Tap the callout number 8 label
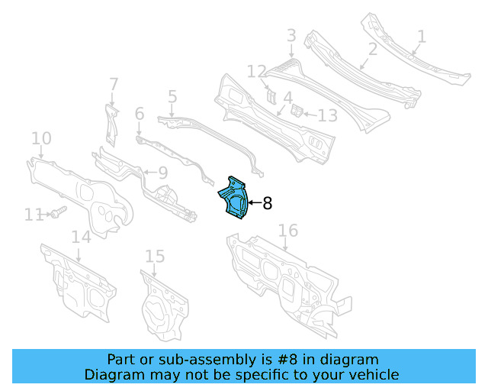pos(267,203)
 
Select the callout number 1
pos(422,36)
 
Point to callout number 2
pos(373,50)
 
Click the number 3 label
pos(291,35)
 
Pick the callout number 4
pos(287,98)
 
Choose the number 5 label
pos(172,96)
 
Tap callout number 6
pos(139,114)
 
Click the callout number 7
pos(114,83)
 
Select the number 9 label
pos(162,173)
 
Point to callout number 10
pos(41,138)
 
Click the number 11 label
pos(32,215)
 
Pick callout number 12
pos(256,72)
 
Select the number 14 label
pos(81,237)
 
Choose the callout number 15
pos(155,256)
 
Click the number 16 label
pos(287,231)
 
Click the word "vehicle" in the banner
pos(373,375)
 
